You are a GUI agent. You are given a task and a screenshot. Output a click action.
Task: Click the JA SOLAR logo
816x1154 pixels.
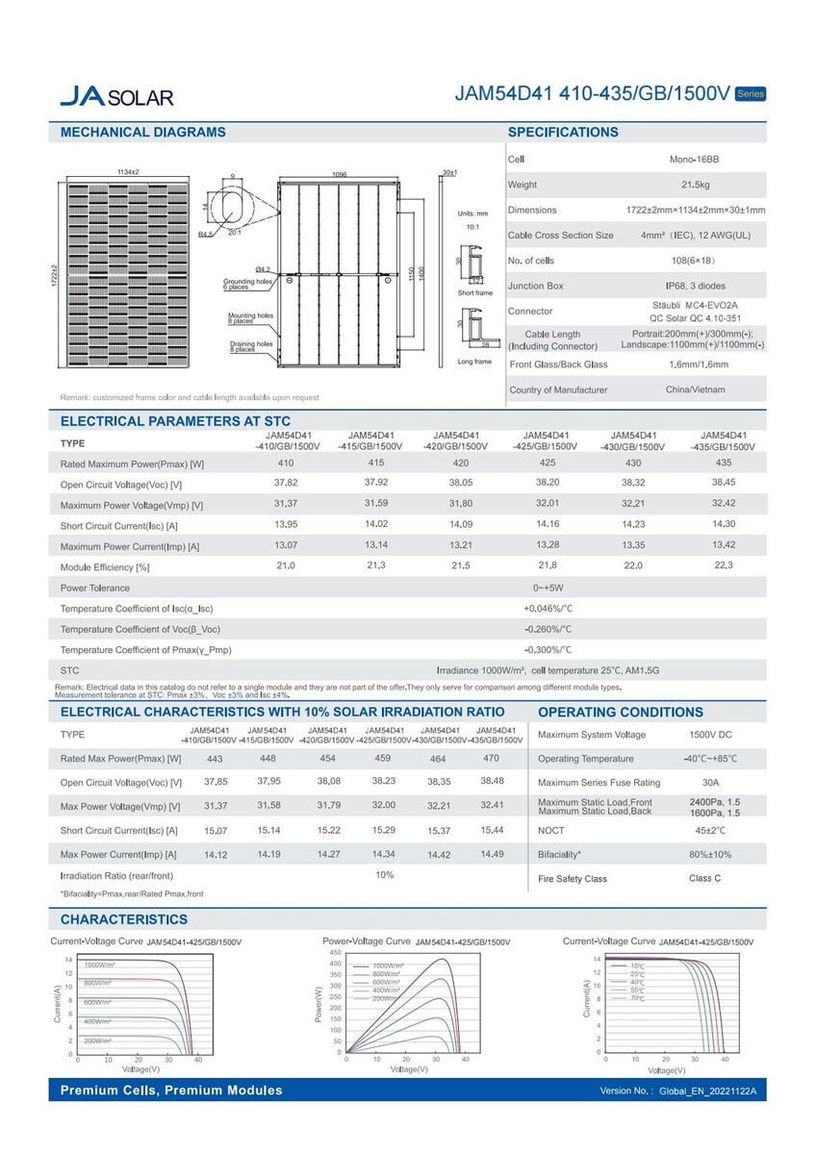point(116,96)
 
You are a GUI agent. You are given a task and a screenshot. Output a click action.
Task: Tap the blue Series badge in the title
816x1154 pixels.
point(750,93)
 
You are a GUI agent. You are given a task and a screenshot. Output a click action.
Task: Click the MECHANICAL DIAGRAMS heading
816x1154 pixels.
point(143,133)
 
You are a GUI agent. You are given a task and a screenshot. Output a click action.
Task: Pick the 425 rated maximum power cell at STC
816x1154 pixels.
point(548,463)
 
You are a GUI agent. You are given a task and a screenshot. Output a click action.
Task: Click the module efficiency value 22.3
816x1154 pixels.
point(724,565)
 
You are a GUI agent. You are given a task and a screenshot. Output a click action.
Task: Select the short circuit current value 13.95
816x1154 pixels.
point(286,524)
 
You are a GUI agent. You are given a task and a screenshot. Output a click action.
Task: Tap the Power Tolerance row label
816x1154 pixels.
point(94,588)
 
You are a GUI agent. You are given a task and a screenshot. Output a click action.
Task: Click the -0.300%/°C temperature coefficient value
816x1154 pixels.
point(548,650)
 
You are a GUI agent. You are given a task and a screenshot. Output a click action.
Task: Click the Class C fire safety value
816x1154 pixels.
point(704,878)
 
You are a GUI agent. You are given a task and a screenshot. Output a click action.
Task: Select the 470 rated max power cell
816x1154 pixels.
point(492,758)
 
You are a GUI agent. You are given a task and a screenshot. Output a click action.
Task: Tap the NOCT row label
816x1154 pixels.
point(551,830)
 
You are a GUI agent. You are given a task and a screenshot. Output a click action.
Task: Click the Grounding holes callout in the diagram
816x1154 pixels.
point(247,284)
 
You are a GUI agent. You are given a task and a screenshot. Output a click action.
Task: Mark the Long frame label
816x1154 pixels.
point(475,362)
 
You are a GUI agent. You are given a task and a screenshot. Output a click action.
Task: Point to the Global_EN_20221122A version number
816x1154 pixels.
point(708,1091)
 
